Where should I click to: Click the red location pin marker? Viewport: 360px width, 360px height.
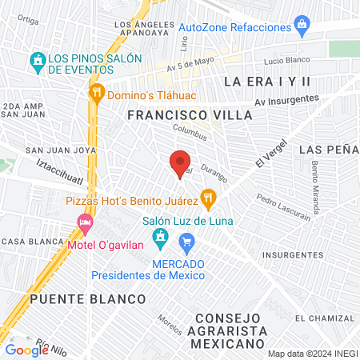(x=181, y=162)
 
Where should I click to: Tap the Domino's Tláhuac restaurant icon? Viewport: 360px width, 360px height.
(x=97, y=92)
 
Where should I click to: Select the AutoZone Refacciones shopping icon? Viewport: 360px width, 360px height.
(x=302, y=26)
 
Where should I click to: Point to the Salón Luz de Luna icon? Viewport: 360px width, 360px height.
(x=161, y=238)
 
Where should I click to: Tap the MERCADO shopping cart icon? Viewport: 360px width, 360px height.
(x=186, y=241)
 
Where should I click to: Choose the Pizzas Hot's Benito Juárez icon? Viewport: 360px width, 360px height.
(x=208, y=196)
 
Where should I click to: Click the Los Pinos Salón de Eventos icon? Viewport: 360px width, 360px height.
(x=37, y=61)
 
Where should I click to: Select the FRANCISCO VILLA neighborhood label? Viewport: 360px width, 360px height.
(x=190, y=115)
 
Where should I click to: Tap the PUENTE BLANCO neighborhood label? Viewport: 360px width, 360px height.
(x=88, y=298)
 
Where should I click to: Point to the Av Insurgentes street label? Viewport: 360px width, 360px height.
(x=286, y=101)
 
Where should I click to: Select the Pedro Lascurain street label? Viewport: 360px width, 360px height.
(x=284, y=208)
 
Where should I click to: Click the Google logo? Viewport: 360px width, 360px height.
(x=26, y=350)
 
